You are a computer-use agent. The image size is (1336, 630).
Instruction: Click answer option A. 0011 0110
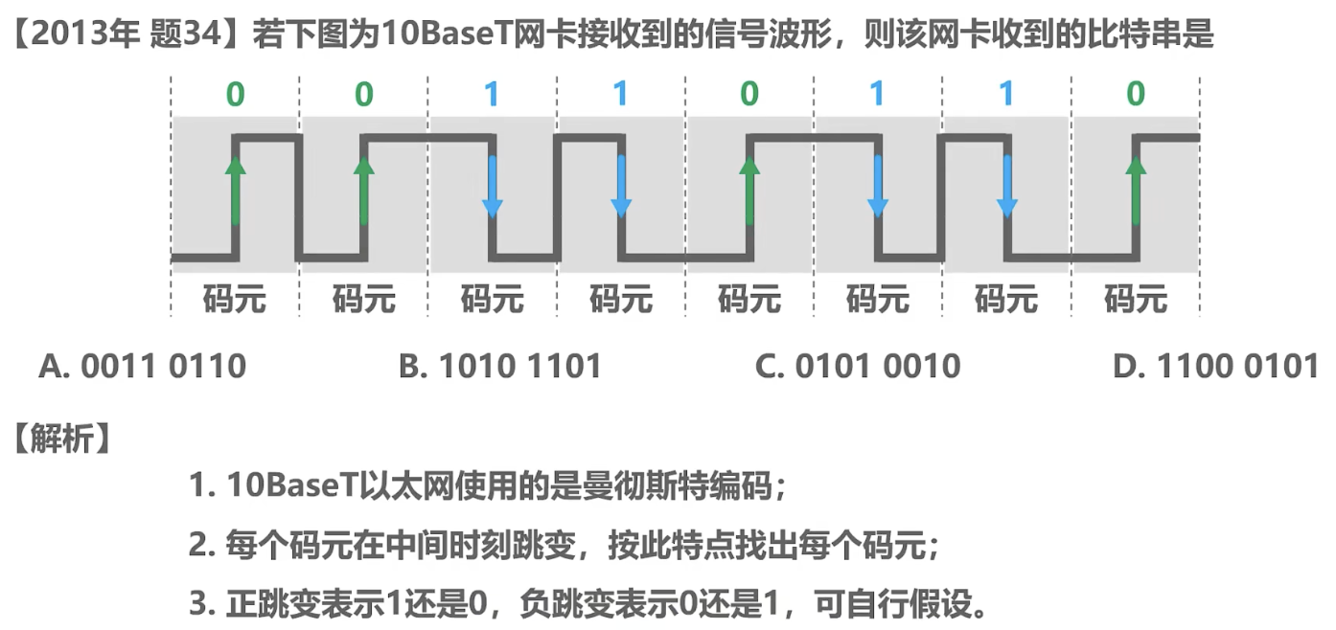click(x=143, y=366)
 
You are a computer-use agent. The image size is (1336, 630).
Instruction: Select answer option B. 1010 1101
click(x=500, y=366)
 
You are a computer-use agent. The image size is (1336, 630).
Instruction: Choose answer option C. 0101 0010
click(x=858, y=366)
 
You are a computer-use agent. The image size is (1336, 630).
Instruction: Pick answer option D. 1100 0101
click(x=1215, y=366)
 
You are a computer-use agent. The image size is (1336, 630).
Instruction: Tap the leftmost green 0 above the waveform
click(x=236, y=94)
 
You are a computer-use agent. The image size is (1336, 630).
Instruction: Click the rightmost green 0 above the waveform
click(x=1136, y=94)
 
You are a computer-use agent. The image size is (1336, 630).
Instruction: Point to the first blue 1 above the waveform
click(x=492, y=94)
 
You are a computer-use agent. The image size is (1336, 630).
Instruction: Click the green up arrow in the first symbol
click(x=236, y=191)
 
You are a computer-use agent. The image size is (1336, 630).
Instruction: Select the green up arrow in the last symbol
click(x=1136, y=191)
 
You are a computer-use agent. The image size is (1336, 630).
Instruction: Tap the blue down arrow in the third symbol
click(x=492, y=187)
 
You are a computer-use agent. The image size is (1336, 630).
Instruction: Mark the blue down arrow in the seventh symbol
click(x=1007, y=187)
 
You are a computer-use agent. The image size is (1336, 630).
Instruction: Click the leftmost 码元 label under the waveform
click(x=235, y=299)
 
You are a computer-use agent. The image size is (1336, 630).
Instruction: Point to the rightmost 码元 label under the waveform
click(x=1136, y=299)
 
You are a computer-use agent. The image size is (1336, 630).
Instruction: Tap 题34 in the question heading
click(x=186, y=34)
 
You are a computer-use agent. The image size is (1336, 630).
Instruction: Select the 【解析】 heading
click(x=62, y=439)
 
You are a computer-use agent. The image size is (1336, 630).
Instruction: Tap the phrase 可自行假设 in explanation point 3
click(x=893, y=604)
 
